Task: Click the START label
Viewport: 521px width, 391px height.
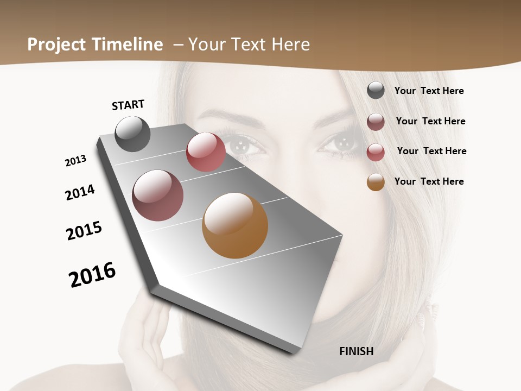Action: coord(128,104)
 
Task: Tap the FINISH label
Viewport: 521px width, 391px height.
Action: coord(356,351)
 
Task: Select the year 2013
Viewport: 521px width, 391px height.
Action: coord(75,161)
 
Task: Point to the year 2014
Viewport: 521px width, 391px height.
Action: coord(80,192)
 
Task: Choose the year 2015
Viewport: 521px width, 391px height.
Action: coord(84,231)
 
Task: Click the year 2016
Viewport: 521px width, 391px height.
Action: coord(92,275)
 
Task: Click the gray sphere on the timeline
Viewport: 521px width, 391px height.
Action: coord(132,134)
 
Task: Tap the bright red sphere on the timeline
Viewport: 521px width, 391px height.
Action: coord(206,152)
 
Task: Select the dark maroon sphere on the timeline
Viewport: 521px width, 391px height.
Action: coord(157,195)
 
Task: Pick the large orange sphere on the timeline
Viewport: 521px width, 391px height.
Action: coord(235,225)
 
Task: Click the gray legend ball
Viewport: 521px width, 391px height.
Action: coord(376,90)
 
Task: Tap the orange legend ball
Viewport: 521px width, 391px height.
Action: coord(376,182)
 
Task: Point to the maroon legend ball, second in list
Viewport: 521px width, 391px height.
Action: coord(376,122)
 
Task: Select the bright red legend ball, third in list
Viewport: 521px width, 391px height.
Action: coord(376,152)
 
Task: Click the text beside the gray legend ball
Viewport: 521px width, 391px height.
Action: coord(429,91)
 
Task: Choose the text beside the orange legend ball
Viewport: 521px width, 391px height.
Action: coord(429,181)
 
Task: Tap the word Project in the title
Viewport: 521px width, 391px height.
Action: coord(54,45)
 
